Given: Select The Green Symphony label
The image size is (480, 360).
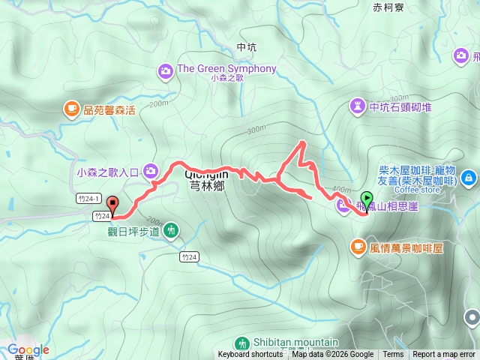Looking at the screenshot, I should tap(226, 69).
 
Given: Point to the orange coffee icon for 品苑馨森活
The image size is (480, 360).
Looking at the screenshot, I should tap(71, 109).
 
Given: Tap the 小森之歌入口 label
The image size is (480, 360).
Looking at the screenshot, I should tap(109, 172).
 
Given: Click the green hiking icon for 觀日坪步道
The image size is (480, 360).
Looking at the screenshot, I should tap(172, 230).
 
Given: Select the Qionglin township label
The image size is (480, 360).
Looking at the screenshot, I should tap(205, 181).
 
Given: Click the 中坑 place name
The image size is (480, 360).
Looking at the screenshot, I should tap(246, 47).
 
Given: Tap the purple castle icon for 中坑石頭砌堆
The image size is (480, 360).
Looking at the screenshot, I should tap(357, 106).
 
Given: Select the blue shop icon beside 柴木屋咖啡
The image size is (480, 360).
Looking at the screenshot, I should tap(469, 178).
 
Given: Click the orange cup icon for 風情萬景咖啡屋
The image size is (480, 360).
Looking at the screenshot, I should tap(358, 246).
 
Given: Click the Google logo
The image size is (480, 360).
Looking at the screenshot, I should tap(28, 349).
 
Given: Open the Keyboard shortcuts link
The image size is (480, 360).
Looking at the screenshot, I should tap(250, 355).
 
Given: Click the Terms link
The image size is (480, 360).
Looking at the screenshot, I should tap(393, 355).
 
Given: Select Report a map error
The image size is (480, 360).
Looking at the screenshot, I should tap(444, 355).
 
